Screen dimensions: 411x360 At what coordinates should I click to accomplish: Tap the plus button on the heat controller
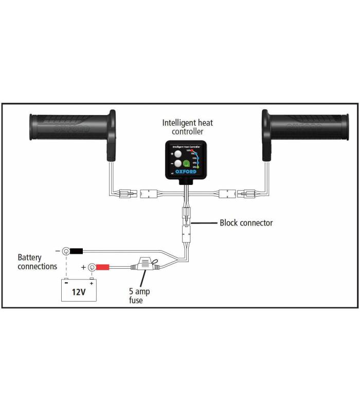coord(177,154)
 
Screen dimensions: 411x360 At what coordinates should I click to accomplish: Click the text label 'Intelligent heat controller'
coord(187,127)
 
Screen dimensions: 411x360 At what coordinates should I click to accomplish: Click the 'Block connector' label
coord(246,223)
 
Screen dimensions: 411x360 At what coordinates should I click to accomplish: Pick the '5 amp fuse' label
coord(139,295)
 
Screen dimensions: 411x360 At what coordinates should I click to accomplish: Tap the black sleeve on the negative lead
coord(77,251)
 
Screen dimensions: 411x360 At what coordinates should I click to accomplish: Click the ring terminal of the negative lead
coord(66,251)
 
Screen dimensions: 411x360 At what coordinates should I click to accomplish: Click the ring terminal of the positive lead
coord(92,267)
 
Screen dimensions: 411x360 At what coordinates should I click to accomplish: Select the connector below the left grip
coord(125,194)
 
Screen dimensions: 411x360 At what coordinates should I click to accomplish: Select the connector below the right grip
coord(249,194)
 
